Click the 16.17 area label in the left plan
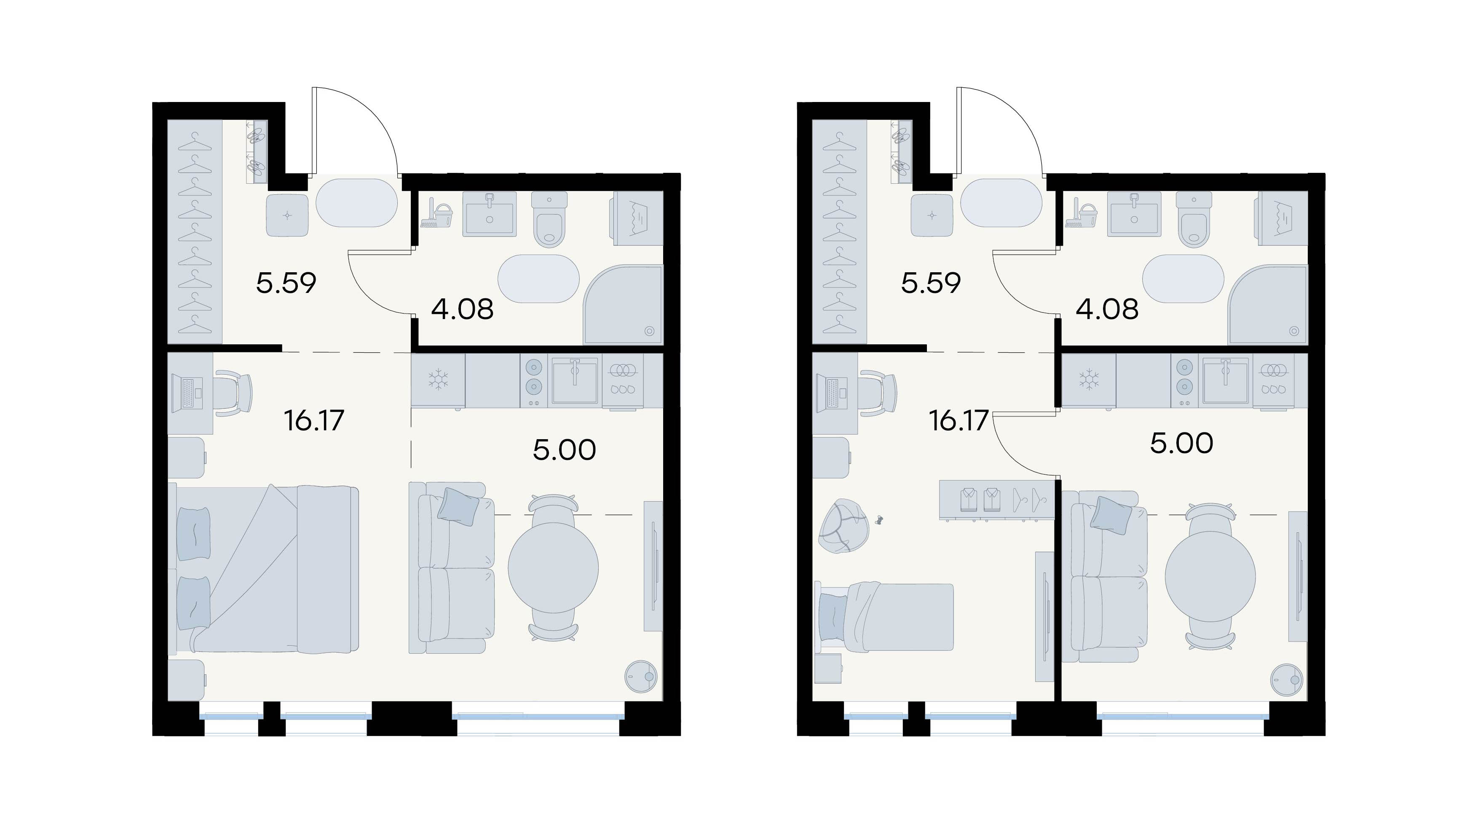(314, 421)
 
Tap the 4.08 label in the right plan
(1107, 309)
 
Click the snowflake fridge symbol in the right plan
(1089, 380)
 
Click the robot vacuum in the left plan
(641, 676)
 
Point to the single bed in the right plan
(884, 618)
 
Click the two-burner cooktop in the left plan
(534, 380)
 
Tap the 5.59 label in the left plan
(286, 283)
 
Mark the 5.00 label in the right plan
(1181, 443)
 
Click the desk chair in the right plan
(878, 393)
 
